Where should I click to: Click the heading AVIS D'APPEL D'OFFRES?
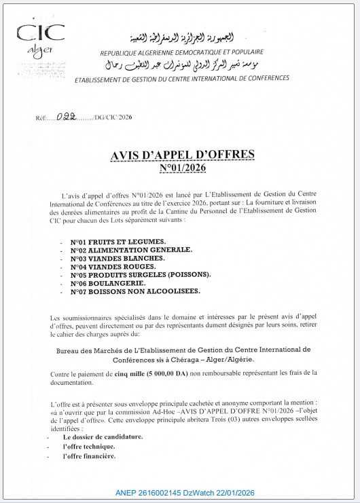tap(183, 155)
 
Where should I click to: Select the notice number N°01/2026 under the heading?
tap(182, 168)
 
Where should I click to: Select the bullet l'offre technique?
tap(88, 447)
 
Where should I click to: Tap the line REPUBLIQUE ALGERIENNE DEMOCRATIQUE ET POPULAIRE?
tap(181, 52)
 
